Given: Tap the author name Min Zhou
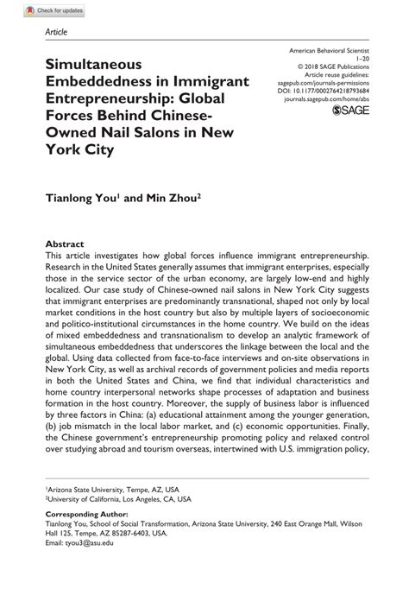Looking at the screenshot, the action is (177, 198).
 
